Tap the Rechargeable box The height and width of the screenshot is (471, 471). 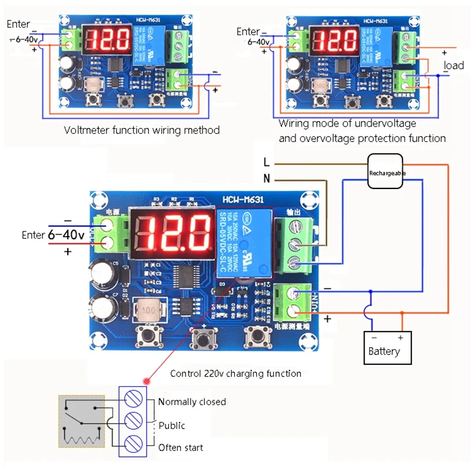point(386,173)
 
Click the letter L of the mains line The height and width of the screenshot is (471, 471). point(266,162)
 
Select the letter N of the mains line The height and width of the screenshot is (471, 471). point(266,178)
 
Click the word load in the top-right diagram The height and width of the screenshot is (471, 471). point(453,65)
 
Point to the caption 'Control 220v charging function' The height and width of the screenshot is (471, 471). point(235,373)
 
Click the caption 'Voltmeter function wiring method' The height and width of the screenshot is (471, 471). point(141,130)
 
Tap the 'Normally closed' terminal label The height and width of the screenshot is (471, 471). point(192,402)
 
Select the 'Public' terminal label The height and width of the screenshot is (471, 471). point(171,425)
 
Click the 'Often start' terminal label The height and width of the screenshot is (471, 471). point(181,447)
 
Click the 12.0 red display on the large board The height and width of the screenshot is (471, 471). point(169,231)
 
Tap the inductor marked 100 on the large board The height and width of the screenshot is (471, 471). point(151,310)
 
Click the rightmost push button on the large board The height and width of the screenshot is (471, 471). point(257,337)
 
